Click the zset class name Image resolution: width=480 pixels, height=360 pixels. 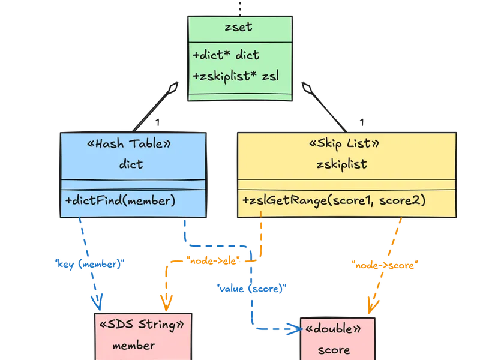point(239,28)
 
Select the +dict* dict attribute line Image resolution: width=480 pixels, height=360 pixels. point(226,55)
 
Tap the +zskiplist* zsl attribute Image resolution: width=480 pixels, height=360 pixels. point(236,76)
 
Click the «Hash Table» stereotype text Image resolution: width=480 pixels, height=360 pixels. point(133,144)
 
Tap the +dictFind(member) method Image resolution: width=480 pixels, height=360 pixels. point(120,200)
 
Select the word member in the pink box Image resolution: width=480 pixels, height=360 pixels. point(133,345)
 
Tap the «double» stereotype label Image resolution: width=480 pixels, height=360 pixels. point(333,330)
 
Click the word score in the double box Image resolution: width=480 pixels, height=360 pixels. point(334,349)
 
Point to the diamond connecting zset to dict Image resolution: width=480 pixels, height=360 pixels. point(173,89)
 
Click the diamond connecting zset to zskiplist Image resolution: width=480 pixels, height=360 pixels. point(307,89)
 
